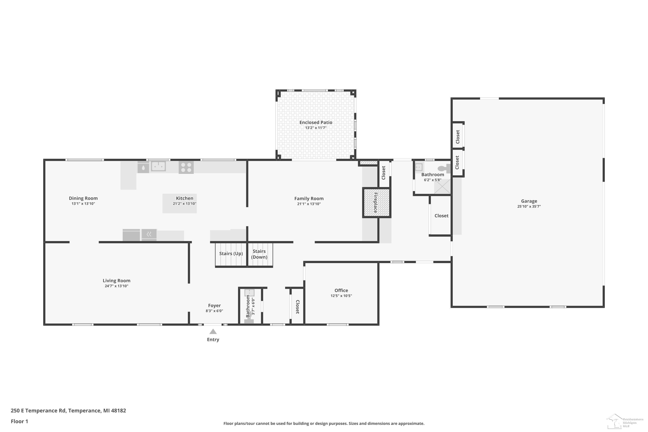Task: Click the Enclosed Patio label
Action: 316,122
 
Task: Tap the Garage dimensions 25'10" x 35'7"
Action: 529,206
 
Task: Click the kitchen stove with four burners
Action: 186,167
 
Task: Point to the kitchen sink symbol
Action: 158,166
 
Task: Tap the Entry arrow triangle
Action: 213,331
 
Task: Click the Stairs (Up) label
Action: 231,253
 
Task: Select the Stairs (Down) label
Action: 259,254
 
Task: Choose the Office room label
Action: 341,290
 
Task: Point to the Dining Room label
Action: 83,198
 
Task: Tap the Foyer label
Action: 214,306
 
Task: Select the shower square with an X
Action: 442,187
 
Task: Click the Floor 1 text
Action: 19,421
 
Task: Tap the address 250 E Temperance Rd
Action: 38,411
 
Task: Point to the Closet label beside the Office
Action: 298,307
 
